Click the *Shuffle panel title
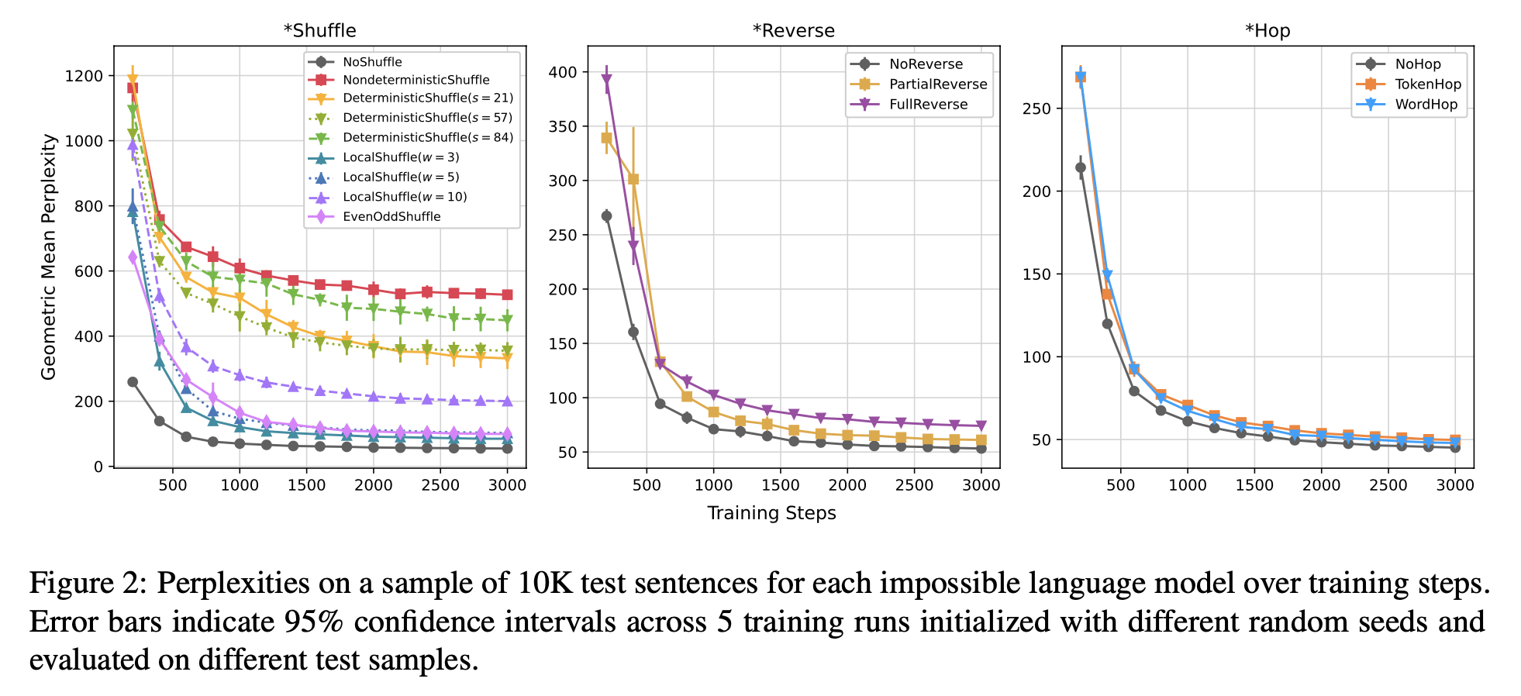319,31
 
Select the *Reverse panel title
793,31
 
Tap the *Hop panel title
1267,31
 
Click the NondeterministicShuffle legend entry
416,80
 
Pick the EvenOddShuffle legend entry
391,217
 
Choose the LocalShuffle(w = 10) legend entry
405,197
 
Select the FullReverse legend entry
928,105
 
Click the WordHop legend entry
1426,105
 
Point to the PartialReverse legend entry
938,84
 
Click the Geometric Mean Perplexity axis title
49,257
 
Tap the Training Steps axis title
771,513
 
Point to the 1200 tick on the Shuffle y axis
84,76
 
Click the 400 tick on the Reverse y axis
563,73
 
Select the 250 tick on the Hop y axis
1036,109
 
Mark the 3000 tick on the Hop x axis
1454,485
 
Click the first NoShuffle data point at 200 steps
133,382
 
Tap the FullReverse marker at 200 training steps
606,79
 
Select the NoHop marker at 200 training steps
1081,167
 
